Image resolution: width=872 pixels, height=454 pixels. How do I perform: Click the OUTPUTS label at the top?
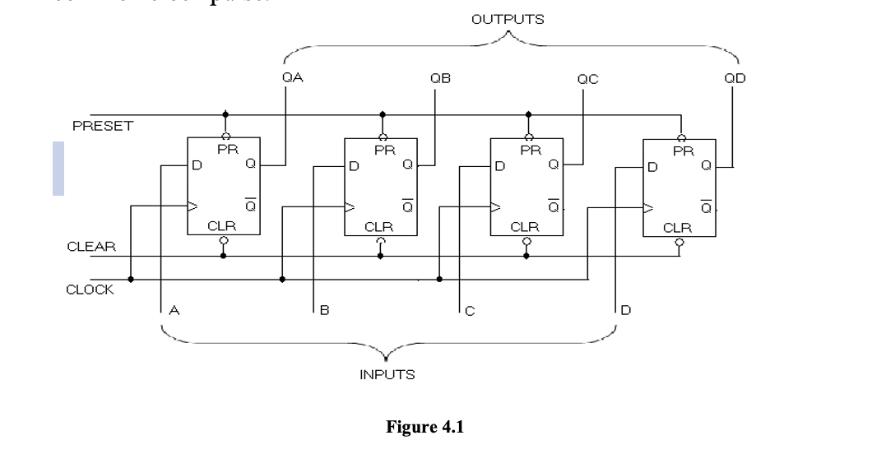tap(508, 19)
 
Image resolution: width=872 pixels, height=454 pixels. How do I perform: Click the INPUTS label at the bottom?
tap(387, 375)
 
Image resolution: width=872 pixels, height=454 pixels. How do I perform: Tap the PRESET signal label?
tap(102, 126)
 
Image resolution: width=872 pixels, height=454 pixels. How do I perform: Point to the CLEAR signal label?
tap(91, 246)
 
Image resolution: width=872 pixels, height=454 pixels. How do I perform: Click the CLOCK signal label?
tap(90, 290)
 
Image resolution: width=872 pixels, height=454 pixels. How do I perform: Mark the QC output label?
tap(587, 79)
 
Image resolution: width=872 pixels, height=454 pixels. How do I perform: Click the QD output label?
tap(735, 79)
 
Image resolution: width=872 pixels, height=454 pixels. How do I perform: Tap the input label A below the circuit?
tap(174, 311)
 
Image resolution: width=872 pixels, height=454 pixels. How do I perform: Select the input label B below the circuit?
tap(325, 311)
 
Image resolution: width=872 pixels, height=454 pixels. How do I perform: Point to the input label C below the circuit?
tap(470, 311)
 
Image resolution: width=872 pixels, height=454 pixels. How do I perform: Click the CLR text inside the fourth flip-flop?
tap(678, 227)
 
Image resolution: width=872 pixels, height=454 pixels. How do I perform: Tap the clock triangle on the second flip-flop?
tap(349, 206)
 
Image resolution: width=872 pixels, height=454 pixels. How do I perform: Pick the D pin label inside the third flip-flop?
tap(499, 166)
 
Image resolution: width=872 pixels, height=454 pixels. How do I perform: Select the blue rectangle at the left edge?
tap(58, 169)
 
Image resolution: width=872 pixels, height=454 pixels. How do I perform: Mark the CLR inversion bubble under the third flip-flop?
tap(526, 242)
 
